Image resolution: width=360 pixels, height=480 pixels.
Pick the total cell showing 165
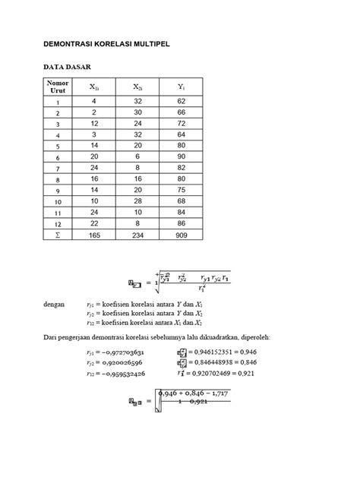[94, 236]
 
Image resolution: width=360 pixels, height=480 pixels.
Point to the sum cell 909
[182, 236]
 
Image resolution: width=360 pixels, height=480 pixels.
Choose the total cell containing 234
[137, 236]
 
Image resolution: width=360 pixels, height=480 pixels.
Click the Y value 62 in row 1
[182, 100]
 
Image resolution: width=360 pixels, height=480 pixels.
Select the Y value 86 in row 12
[182, 225]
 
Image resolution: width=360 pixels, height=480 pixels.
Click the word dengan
[54, 303]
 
